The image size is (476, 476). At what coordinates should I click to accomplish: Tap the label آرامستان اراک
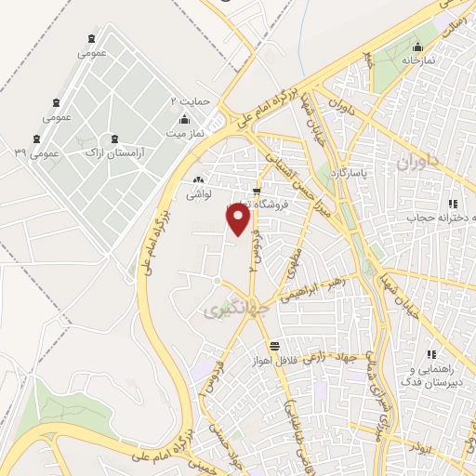pyautogui.click(x=113, y=151)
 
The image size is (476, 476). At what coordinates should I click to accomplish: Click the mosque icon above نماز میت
pyautogui.click(x=184, y=118)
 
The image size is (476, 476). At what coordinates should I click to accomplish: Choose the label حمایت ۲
pyautogui.click(x=186, y=99)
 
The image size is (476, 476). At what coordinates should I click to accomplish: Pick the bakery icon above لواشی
pyautogui.click(x=197, y=180)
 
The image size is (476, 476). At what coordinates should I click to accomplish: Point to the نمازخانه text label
pyautogui.click(x=418, y=59)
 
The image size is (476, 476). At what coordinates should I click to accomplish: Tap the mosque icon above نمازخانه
pyautogui.click(x=418, y=45)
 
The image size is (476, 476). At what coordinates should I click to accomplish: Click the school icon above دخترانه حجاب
pyautogui.click(x=453, y=204)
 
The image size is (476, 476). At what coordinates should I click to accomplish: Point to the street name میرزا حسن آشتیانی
pyautogui.click(x=290, y=181)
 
